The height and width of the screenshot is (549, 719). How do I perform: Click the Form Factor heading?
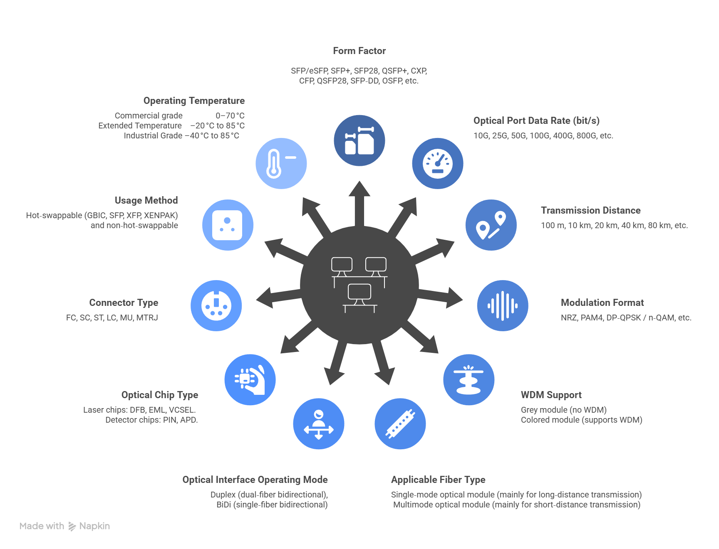[x=359, y=51]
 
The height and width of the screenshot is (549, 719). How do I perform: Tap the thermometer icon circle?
[x=281, y=163]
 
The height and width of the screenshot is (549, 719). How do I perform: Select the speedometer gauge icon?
[x=438, y=163]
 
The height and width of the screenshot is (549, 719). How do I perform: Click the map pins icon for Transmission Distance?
[x=491, y=225]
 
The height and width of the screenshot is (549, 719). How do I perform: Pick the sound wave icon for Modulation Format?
[x=503, y=305]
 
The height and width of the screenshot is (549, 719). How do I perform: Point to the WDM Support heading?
[x=551, y=395]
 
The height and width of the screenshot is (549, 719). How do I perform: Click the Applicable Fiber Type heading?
[x=438, y=480]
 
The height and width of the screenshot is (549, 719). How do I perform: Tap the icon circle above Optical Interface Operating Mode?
[x=319, y=424]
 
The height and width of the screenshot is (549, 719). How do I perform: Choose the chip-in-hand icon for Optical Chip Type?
[x=250, y=379]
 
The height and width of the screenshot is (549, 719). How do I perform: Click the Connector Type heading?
[x=124, y=303]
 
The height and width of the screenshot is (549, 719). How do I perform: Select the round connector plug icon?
[x=216, y=305]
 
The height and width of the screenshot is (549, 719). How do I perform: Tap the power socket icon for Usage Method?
[x=228, y=225]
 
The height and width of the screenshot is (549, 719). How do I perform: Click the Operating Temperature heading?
[x=194, y=101]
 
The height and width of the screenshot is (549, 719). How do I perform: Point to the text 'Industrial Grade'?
[x=153, y=135]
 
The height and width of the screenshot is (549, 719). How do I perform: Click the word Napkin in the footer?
[x=94, y=526]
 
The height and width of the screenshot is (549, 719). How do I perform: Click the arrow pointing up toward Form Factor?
[x=359, y=195]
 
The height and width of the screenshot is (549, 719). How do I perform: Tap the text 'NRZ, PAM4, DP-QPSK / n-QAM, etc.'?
[x=626, y=318]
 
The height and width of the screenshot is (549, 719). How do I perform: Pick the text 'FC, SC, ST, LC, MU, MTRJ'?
[x=112, y=318]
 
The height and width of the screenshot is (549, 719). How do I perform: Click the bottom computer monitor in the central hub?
[x=359, y=293]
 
